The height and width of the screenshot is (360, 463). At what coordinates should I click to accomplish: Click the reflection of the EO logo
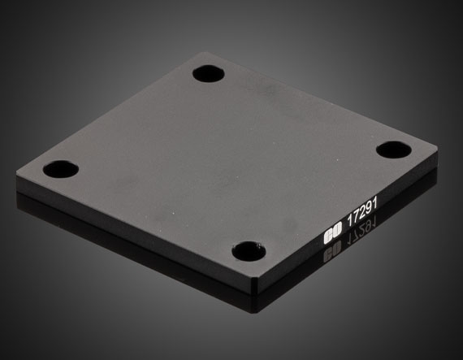tap(331, 253)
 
